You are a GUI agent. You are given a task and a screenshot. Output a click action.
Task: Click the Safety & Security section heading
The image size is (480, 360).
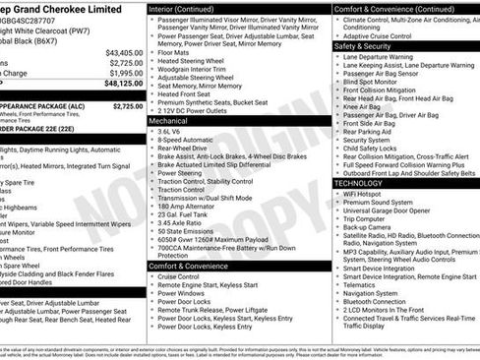(362, 46)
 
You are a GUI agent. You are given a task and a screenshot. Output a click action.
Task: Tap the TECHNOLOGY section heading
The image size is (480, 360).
(358, 183)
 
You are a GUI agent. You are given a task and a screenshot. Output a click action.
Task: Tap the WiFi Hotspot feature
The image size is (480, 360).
(365, 194)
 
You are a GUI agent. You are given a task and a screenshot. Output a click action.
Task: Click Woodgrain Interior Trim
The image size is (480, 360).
(198, 68)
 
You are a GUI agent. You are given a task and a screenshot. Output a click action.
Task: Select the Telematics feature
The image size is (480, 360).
(363, 283)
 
